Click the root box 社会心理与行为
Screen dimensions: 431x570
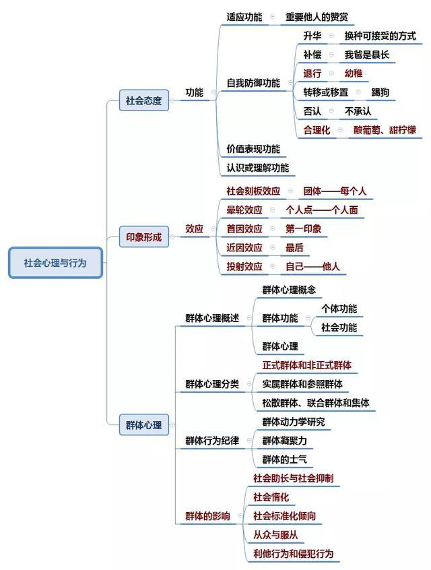click(55, 263)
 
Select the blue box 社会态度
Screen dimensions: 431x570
click(144, 100)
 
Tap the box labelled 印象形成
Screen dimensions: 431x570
click(144, 237)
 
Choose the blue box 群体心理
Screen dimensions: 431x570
click(144, 424)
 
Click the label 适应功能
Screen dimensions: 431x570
click(244, 17)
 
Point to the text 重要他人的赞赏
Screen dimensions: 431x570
click(317, 17)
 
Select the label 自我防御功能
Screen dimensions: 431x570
click(253, 84)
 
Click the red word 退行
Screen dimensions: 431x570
click(312, 74)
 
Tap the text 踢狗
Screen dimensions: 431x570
click(380, 93)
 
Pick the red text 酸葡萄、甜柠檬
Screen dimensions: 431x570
click(385, 130)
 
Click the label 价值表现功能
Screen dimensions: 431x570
click(253, 149)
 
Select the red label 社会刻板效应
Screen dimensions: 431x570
click(253, 191)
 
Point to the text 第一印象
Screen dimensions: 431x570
click(303, 229)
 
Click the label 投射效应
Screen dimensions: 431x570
click(244, 267)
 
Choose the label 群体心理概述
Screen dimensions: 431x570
click(212, 319)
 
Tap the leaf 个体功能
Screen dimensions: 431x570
click(339, 309)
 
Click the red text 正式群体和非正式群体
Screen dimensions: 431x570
click(306, 365)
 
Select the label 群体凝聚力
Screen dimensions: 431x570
click(285, 441)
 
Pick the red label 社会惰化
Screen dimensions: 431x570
click(271, 497)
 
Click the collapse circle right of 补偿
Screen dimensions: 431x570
click(331, 55)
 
